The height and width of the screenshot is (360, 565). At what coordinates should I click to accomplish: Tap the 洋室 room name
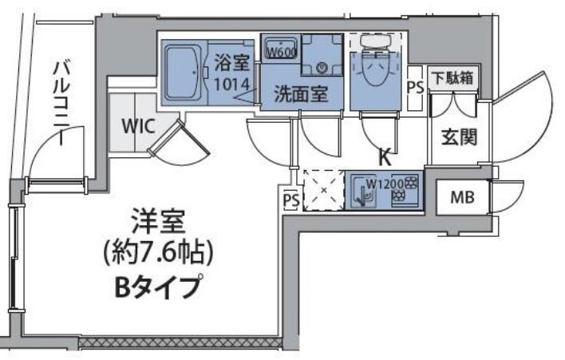coord(157,220)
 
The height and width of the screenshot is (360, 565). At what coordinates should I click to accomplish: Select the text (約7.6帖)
coord(157,253)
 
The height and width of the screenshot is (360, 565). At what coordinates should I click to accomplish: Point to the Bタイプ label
coord(159,286)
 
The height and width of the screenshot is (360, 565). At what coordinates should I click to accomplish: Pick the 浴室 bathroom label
coord(232,61)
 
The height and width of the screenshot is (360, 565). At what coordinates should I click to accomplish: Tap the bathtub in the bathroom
coord(184,73)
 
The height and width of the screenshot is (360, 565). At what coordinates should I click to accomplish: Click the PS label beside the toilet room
coord(415,88)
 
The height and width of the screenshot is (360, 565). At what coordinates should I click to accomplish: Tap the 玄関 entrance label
coord(459,136)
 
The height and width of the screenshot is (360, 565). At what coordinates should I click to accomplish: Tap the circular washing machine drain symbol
coord(322,68)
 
